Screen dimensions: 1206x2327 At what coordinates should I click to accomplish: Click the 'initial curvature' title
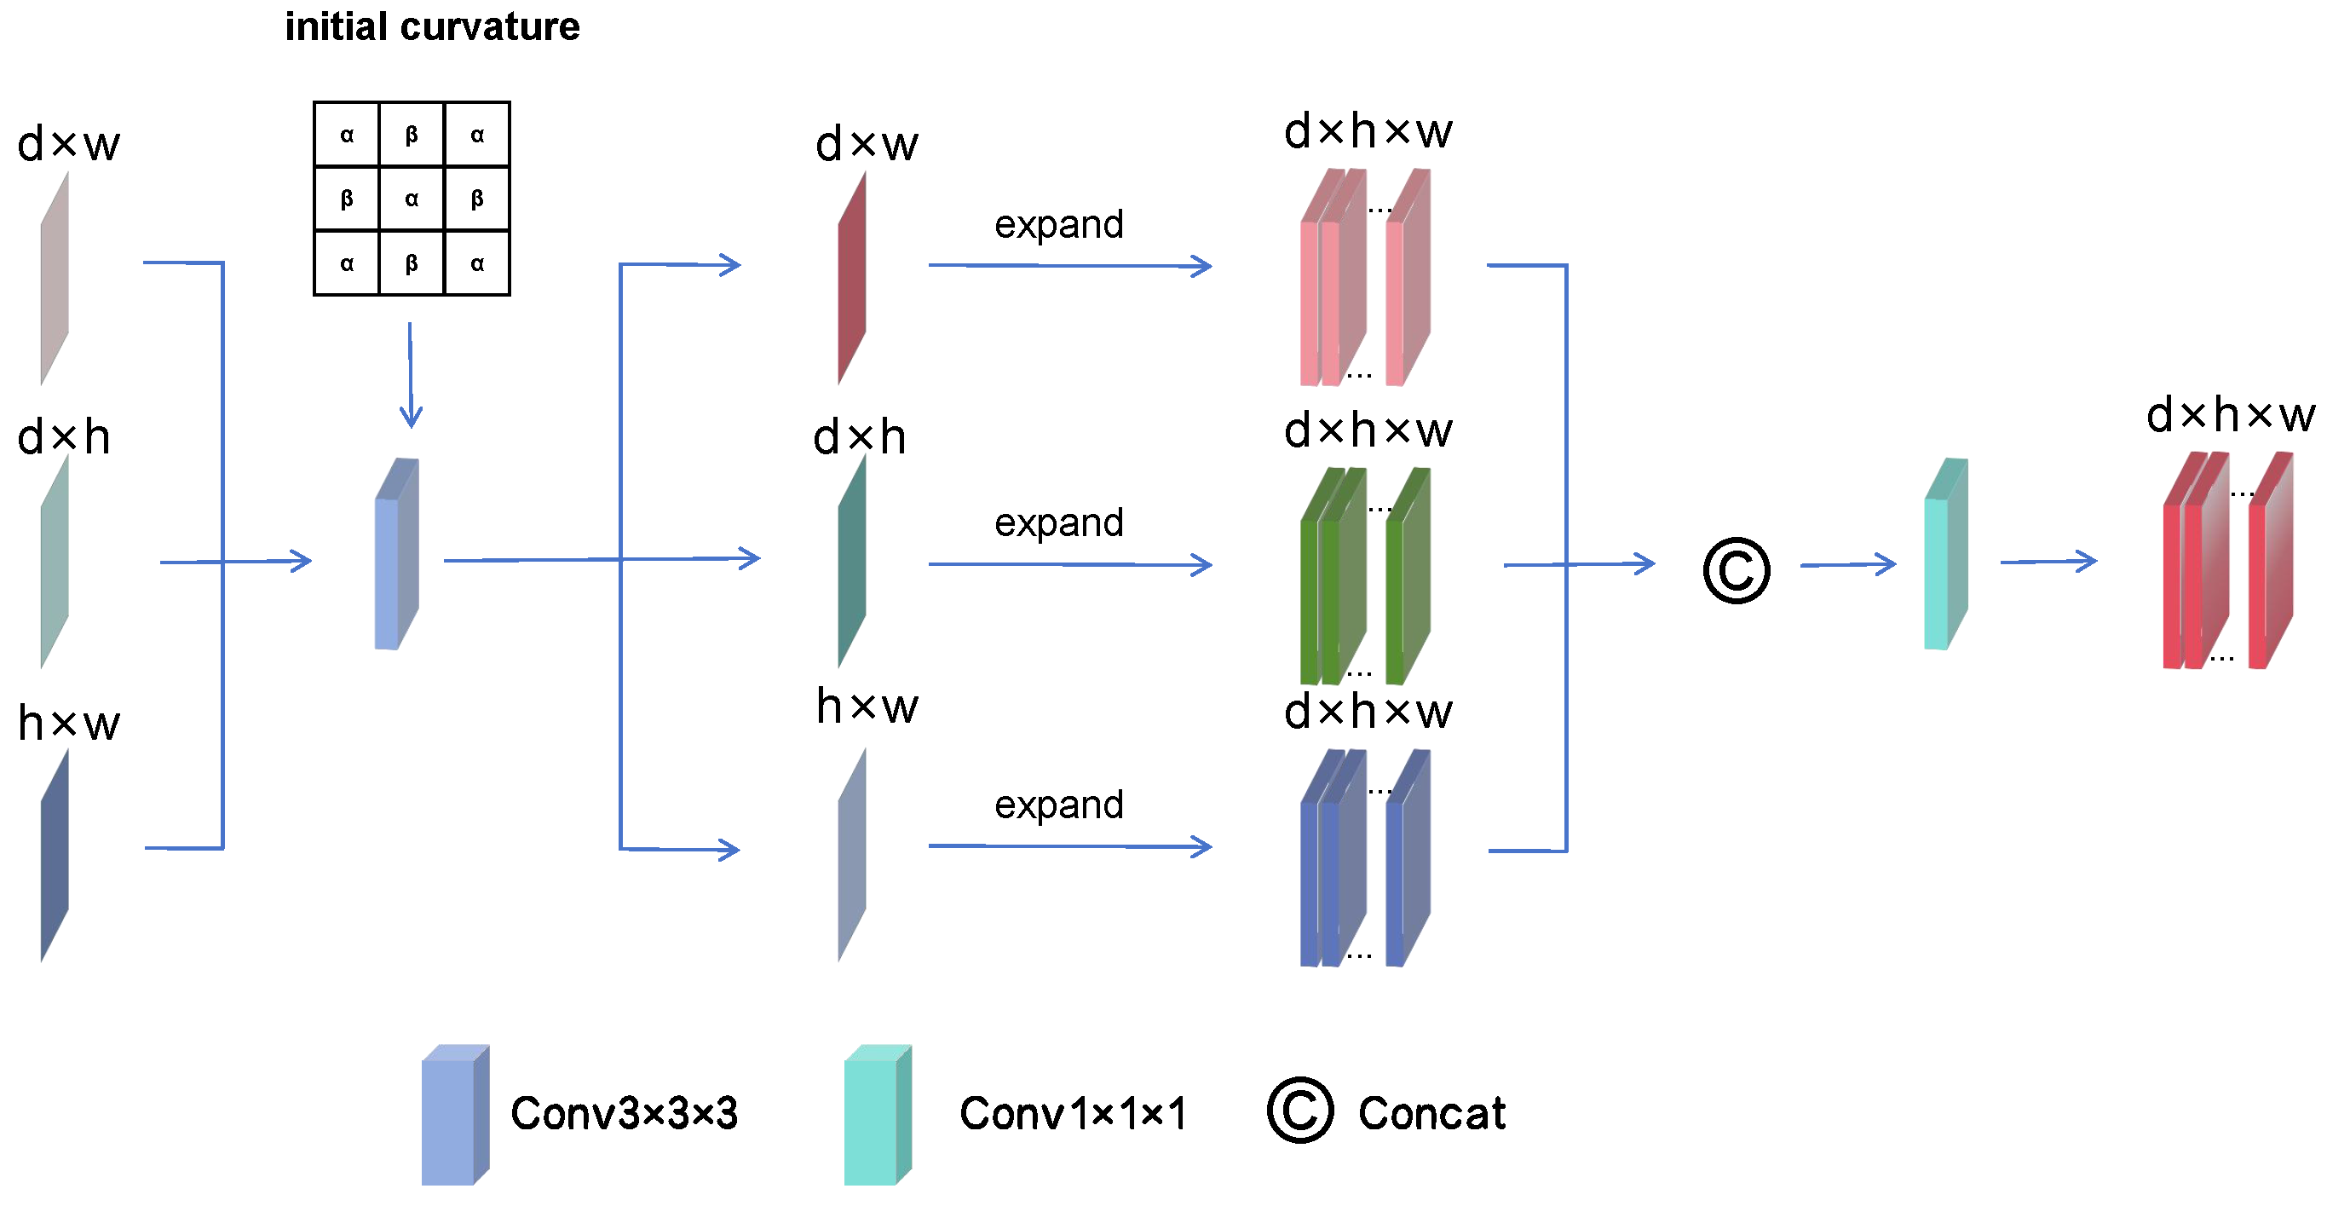432,27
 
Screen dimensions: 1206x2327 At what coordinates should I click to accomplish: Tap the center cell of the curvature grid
412,199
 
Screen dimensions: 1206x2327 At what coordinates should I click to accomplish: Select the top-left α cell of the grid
347,135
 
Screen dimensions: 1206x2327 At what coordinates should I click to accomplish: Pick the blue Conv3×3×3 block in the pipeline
395,556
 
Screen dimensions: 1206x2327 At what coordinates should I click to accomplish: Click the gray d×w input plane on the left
55,280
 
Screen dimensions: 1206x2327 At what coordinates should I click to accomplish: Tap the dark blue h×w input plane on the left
55,857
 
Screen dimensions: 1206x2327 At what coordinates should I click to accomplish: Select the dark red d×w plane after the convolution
851,280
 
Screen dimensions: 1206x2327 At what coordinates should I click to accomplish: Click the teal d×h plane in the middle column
851,563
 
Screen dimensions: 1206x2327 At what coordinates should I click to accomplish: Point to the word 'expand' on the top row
1059,224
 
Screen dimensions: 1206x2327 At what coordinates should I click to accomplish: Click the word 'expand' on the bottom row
1059,805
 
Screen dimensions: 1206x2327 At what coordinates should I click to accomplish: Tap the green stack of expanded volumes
1364,576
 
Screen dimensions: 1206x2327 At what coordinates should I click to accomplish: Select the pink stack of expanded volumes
1364,278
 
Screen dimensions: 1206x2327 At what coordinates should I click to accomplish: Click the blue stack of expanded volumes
1364,858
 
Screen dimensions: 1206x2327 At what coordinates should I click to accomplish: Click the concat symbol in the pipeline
1736,571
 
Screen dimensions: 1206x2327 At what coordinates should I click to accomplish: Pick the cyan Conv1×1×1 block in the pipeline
1945,556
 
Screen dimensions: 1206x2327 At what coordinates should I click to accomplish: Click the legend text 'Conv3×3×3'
624,1114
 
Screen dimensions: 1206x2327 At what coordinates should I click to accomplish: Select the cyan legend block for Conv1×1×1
876,1116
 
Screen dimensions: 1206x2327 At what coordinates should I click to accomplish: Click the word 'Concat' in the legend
1431,1114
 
